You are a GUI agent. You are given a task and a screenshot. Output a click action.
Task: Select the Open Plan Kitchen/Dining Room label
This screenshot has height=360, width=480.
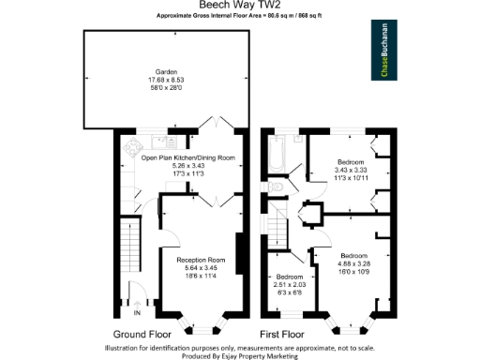pyautogui.click(x=187, y=158)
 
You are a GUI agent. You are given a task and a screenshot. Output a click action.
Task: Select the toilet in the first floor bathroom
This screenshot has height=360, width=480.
pyautogui.click(x=276, y=187)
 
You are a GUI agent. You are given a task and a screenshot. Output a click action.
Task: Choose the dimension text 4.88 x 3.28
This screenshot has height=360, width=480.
pyautogui.click(x=353, y=263)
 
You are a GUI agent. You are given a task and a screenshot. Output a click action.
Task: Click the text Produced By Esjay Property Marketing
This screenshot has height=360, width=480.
pyautogui.click(x=240, y=355)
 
